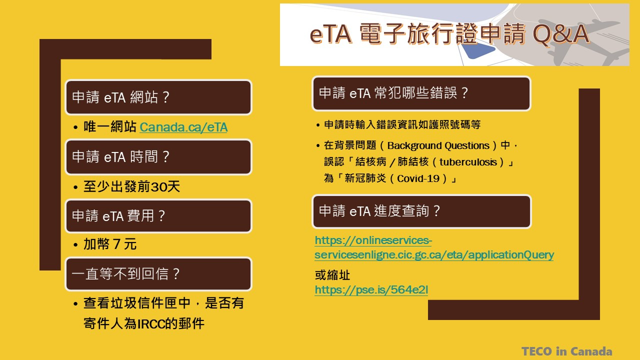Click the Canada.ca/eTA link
click(x=183, y=127)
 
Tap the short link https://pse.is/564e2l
click(x=371, y=289)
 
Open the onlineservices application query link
click(x=434, y=247)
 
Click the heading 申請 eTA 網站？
click(x=120, y=97)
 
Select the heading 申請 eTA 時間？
click(x=120, y=157)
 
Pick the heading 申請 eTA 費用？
click(x=118, y=215)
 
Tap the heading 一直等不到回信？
click(x=125, y=273)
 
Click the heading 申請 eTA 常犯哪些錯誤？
click(x=393, y=93)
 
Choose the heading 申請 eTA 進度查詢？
click(x=379, y=211)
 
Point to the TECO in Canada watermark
click(x=567, y=351)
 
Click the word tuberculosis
click(x=468, y=162)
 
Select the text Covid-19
click(x=418, y=178)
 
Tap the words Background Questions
click(x=438, y=145)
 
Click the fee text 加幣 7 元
click(x=110, y=244)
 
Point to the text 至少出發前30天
click(x=131, y=186)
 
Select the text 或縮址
click(x=332, y=275)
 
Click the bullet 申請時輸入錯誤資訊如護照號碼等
click(x=402, y=124)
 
